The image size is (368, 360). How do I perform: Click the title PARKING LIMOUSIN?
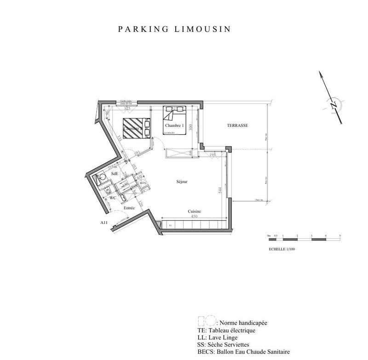click(174, 29)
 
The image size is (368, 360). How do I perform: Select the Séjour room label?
click(182, 181)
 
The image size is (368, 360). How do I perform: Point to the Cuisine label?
click(194, 211)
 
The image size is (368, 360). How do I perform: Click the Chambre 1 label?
click(174, 125)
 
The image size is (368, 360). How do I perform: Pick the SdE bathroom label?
click(115, 173)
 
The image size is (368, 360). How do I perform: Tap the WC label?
click(112, 197)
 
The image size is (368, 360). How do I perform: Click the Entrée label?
click(129, 208)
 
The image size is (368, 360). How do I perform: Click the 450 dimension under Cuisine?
click(194, 217)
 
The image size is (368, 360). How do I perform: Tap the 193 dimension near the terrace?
click(213, 154)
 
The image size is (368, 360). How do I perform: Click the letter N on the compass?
click(334, 104)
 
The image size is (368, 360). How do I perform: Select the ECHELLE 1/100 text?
click(281, 248)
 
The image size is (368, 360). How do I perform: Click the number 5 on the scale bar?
click(340, 235)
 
